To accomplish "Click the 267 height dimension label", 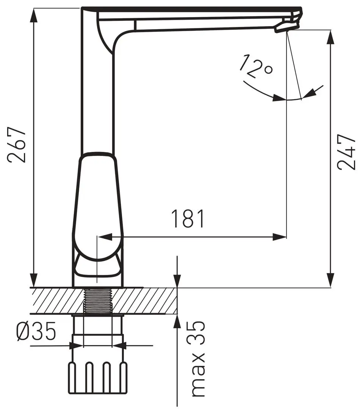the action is click(17, 145).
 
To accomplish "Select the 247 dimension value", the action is click(346, 153).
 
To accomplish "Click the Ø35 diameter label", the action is click(36, 331).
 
